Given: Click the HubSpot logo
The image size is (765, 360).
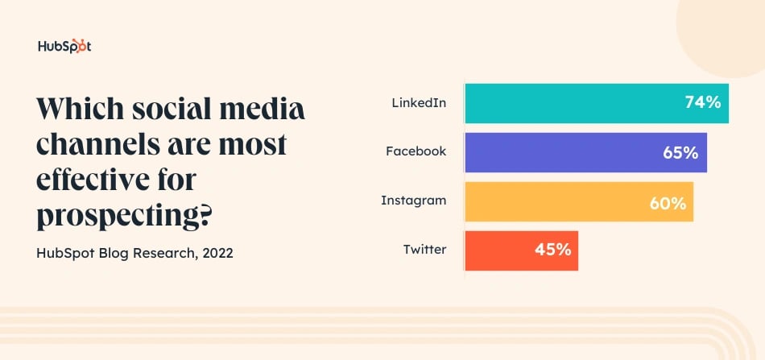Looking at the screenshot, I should [64, 46].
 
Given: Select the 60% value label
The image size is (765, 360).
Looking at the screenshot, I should [668, 201].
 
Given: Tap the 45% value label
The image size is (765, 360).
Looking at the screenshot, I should [552, 250].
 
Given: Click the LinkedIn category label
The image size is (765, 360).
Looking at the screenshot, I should [418, 103].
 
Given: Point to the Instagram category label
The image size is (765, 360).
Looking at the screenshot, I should [413, 201].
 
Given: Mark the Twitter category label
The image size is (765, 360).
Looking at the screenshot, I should [424, 249].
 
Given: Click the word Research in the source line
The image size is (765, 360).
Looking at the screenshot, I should [164, 253].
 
